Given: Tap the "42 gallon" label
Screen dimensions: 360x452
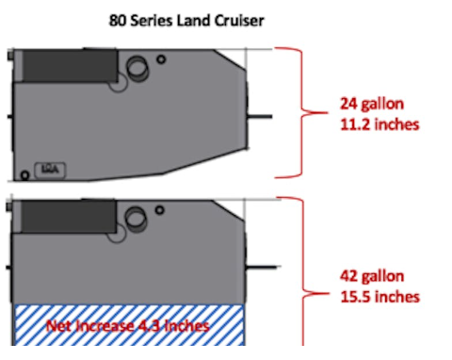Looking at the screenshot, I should tap(374, 277).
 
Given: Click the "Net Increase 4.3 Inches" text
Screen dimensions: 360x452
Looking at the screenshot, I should tap(129, 327).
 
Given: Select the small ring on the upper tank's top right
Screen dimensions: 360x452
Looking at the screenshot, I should tap(161, 59).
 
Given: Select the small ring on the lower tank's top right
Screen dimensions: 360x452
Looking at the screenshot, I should tap(161, 206).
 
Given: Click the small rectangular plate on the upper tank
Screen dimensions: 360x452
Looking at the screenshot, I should tap(48, 169).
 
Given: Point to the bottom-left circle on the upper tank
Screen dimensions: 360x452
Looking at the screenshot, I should tap(24, 173).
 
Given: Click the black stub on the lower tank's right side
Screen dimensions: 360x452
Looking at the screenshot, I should tap(260, 263).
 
